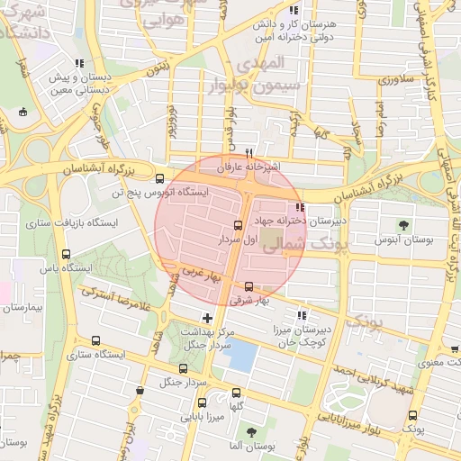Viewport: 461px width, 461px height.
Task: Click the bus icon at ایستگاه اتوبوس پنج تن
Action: coord(160,178)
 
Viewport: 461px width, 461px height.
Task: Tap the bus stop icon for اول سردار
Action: coord(239,225)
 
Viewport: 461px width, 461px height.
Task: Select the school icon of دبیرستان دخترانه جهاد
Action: coord(299,208)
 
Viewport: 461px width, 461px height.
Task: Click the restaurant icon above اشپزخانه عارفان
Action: coord(249,153)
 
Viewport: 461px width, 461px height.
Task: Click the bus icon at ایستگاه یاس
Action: coord(65,254)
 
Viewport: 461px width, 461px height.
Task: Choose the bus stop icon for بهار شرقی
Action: coord(249,286)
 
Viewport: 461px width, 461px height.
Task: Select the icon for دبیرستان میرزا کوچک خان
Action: coord(302,315)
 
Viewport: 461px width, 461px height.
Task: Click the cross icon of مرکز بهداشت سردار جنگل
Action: coord(208,318)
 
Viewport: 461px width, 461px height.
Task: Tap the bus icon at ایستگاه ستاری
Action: coord(95,340)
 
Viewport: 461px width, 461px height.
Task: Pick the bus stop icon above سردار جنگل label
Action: coord(184,368)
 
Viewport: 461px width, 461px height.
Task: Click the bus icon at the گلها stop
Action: coord(237,393)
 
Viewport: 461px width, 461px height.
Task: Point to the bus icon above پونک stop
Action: coord(413,415)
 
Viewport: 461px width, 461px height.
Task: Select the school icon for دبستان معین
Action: coord(80,64)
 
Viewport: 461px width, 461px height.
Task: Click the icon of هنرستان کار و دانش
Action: coord(293,11)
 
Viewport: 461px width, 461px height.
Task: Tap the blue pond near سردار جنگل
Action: coord(239,355)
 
